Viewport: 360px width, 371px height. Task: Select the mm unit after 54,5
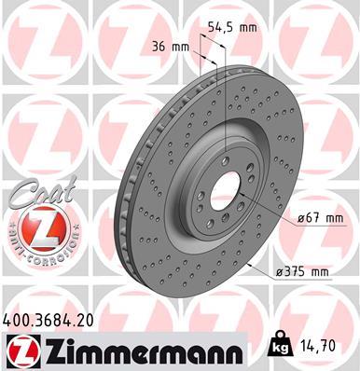click(247, 27)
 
